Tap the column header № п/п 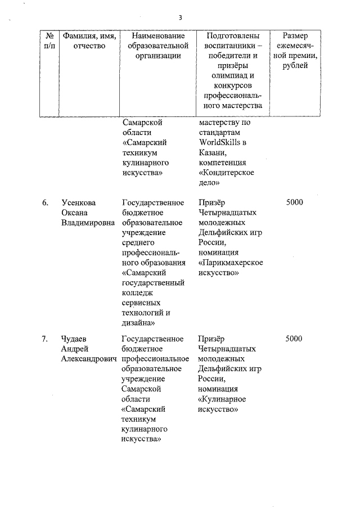click(49, 40)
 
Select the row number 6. click(44, 202)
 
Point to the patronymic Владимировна click(88, 223)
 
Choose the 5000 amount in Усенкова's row click(294, 202)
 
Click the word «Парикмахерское click(231, 263)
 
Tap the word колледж click(138, 294)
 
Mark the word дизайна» click(140, 323)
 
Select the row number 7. click(44, 339)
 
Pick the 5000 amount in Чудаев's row click(294, 339)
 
